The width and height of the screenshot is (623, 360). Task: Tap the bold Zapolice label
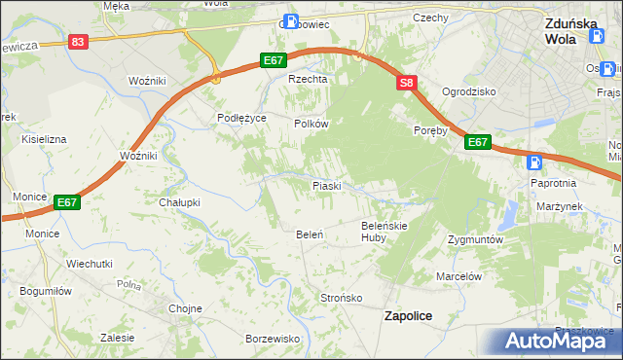[x=409, y=315]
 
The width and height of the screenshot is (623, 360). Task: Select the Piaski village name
[x=326, y=185]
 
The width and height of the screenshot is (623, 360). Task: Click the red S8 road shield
[x=406, y=85]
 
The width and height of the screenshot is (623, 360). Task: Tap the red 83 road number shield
[x=79, y=42]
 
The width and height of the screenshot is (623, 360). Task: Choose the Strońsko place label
[x=342, y=298]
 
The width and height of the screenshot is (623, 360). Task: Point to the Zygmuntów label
[x=475, y=238]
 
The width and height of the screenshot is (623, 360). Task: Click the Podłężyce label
[x=241, y=118]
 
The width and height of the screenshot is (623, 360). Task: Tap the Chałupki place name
[x=179, y=202]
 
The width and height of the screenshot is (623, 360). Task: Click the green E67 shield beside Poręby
[x=477, y=142]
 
